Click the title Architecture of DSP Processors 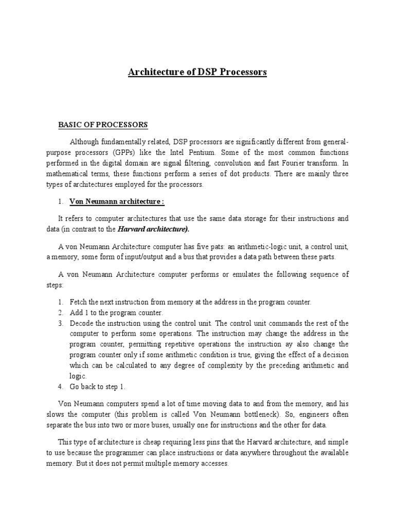click(x=197, y=72)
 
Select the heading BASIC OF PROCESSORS click(x=103, y=125)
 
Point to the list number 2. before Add click(x=60, y=312)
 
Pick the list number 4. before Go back click(x=60, y=387)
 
